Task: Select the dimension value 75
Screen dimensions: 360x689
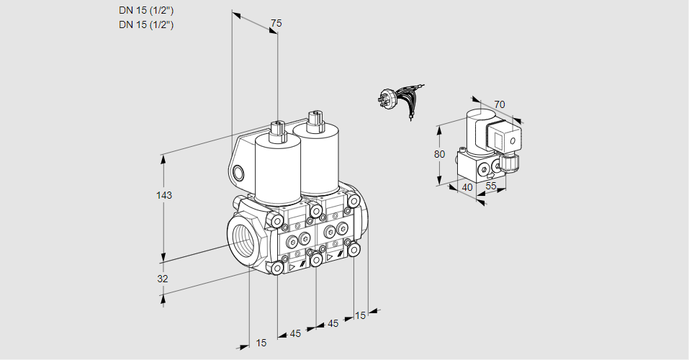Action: click(276, 23)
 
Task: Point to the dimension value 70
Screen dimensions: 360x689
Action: click(500, 104)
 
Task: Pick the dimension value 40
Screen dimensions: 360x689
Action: click(467, 187)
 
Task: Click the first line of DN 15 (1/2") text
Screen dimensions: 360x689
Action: click(147, 10)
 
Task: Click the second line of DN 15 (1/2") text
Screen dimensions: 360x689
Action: click(147, 24)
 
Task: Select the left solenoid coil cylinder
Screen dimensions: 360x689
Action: click(278, 168)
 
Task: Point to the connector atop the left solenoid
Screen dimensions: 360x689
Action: click(277, 132)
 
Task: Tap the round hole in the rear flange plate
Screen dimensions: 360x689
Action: click(239, 172)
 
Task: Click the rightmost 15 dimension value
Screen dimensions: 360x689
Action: click(360, 315)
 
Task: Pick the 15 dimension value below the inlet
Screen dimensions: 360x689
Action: click(261, 343)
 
